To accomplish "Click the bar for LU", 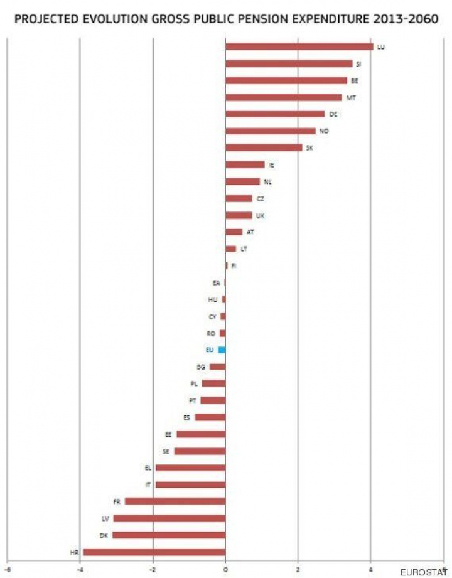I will coord(299,46).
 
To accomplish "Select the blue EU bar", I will coord(222,350).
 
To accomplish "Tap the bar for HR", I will coord(154,552).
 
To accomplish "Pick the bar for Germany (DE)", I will coord(275,114).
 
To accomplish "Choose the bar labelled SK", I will coord(264,147).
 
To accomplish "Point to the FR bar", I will coord(175,501).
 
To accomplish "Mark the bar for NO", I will coord(271,131).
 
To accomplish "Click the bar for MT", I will coord(283,97).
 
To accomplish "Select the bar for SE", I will coord(200,451).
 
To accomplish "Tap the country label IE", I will coord(271,164).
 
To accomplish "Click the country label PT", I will coord(193,400).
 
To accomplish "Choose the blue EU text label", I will coord(210,350).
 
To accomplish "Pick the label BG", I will coord(201,367).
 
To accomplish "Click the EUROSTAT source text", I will coord(424,572).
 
